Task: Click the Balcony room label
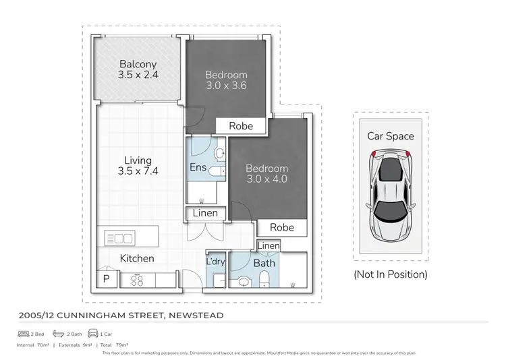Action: (138, 64)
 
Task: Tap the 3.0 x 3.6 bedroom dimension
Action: (226, 86)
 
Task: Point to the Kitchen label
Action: (137, 258)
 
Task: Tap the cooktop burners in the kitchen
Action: (138, 280)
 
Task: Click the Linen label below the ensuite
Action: (205, 213)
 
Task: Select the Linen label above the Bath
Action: (269, 246)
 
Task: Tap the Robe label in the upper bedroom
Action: (241, 125)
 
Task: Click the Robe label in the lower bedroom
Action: (281, 227)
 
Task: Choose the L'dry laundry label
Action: (215, 262)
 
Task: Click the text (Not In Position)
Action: (391, 274)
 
